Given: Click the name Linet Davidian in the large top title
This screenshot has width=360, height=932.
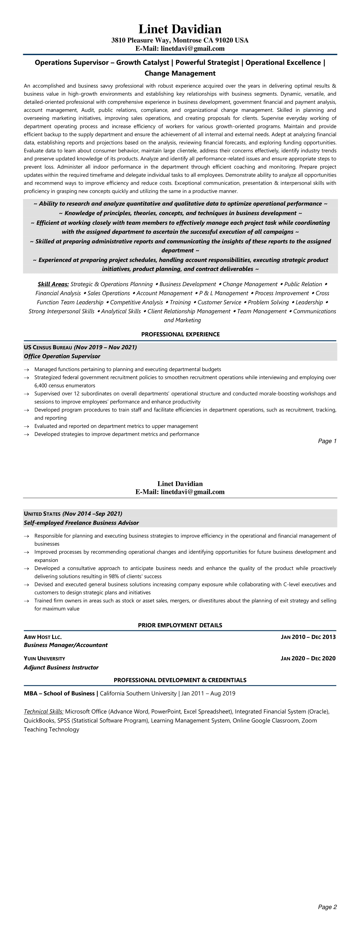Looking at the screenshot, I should click(180, 29).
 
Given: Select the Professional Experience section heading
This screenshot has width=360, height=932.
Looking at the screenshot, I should click(180, 334).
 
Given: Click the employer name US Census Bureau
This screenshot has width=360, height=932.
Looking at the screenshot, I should click(48, 347).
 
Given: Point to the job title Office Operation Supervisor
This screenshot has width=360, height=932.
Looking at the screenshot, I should click(62, 356).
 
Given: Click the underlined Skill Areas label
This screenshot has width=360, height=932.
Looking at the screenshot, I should click(53, 284).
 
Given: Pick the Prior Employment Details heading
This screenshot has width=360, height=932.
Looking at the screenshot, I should click(180, 625).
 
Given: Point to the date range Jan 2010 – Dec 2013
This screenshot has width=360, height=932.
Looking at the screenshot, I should click(308, 637).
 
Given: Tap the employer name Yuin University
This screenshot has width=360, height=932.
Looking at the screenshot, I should click(44, 659).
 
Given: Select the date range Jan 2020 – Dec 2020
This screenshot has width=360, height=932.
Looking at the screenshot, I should click(308, 659).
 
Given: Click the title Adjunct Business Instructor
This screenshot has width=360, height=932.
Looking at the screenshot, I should click(61, 667).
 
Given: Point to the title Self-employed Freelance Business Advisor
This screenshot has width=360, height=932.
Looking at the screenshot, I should click(81, 523).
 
